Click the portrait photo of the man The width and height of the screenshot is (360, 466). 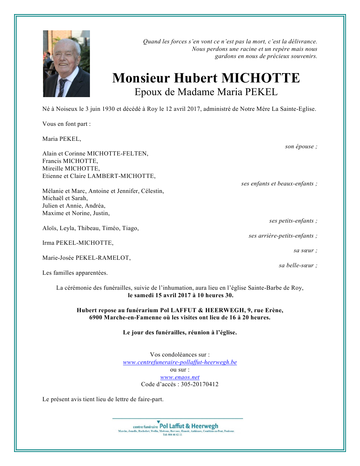point(66,64)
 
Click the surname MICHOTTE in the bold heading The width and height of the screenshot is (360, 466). point(260,78)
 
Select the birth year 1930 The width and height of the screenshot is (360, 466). point(108,109)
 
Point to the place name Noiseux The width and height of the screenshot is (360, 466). point(67,109)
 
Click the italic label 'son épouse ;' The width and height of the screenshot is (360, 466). point(301,147)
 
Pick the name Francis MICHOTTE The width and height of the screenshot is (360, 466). point(70,161)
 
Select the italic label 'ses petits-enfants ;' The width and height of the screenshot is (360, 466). point(293,221)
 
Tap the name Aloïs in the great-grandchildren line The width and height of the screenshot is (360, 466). point(50,228)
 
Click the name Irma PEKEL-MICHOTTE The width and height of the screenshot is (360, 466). point(78,243)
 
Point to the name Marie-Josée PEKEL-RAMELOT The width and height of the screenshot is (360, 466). point(86,258)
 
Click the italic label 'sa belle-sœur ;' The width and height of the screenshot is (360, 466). point(298,266)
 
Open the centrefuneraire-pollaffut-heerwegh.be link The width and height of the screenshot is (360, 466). point(180,362)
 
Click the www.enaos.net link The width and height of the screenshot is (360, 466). point(180,377)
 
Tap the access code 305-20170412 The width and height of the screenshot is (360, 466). point(199,385)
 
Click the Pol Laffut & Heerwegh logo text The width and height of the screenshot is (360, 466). point(189,426)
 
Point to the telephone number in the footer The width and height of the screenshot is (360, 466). point(172,435)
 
